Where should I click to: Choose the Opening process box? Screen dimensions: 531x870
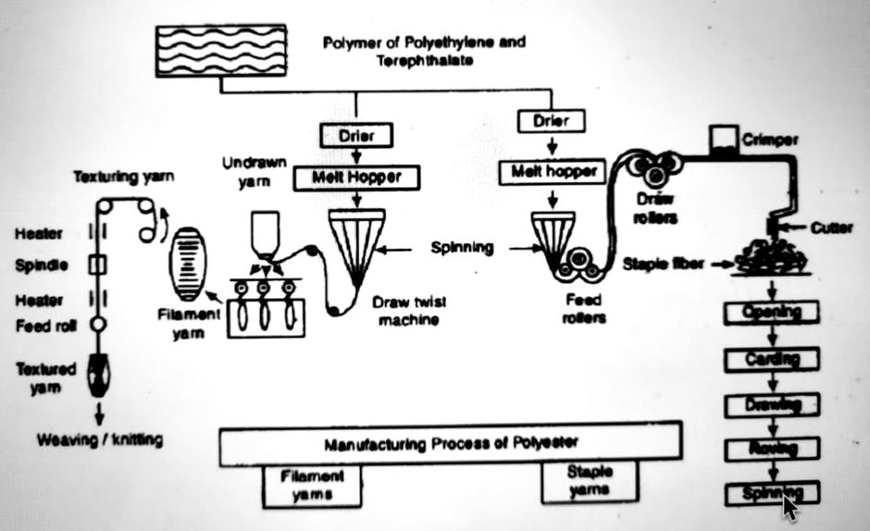(772, 313)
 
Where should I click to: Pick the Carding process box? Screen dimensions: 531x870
(772, 358)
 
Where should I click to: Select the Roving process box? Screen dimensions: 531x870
(772, 449)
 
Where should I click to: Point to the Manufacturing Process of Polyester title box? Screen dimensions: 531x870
(451, 443)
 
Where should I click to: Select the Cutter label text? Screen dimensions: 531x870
(831, 227)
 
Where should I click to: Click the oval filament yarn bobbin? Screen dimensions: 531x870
(188, 263)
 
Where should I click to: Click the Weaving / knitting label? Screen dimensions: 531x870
(99, 439)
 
